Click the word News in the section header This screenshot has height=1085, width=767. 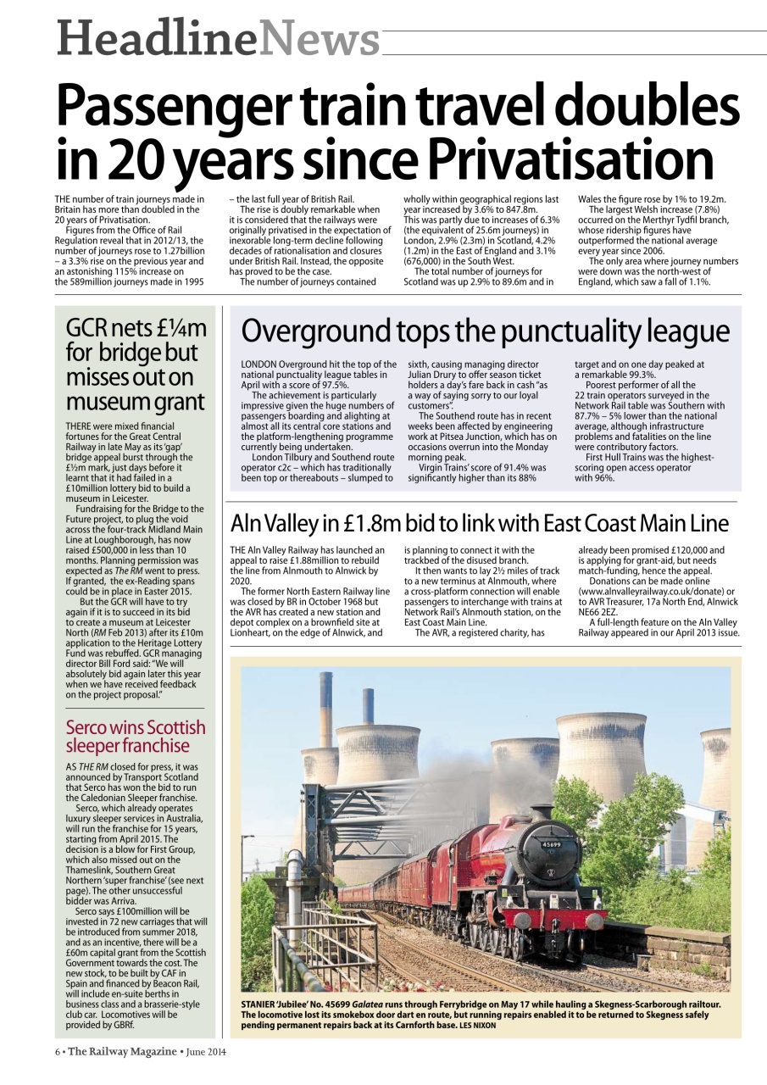coord(319,39)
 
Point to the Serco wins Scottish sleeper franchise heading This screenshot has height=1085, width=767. coord(136,737)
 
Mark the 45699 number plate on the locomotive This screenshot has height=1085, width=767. coord(553,844)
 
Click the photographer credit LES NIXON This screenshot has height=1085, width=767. coord(478,1026)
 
